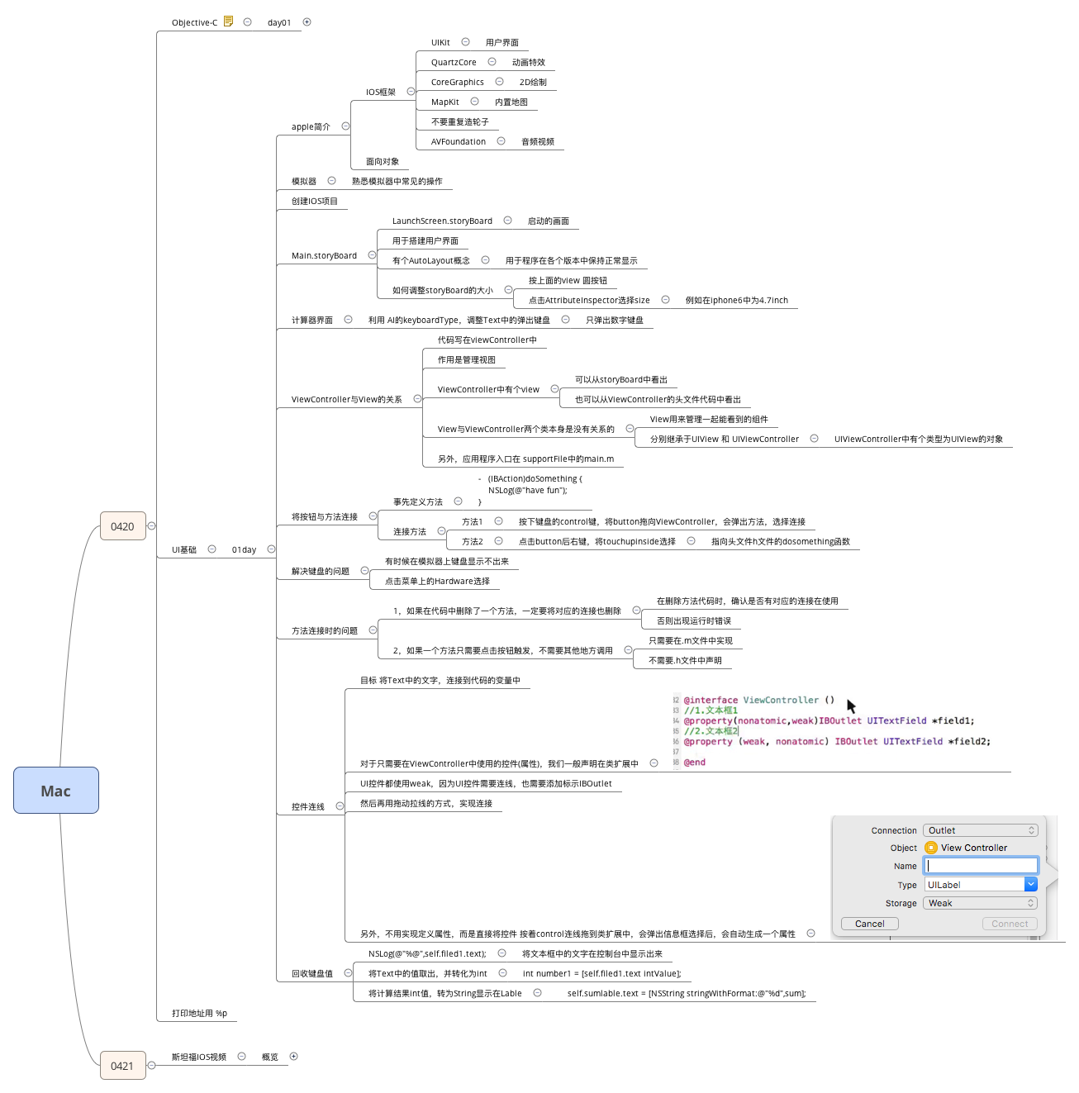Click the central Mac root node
pyautogui.click(x=56, y=791)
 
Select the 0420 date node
pyautogui.click(x=122, y=526)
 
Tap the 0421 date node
pyautogui.click(x=122, y=1066)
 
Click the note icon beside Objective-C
pyautogui.click(x=229, y=21)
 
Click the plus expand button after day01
pyautogui.click(x=307, y=22)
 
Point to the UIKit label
pyautogui.click(x=440, y=43)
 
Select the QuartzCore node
pyautogui.click(x=454, y=63)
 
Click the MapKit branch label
pyautogui.click(x=444, y=102)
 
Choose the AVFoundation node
pyautogui.click(x=458, y=142)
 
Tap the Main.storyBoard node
pyautogui.click(x=324, y=256)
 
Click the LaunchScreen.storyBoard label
pyautogui.click(x=442, y=221)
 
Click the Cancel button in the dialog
pyautogui.click(x=869, y=924)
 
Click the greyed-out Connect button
pyautogui.click(x=1009, y=924)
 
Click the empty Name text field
pyautogui.click(x=981, y=866)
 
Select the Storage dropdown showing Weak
pyautogui.click(x=980, y=903)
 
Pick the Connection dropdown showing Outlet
pyautogui.click(x=980, y=830)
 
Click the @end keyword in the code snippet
pyautogui.click(x=695, y=763)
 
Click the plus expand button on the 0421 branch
pyautogui.click(x=293, y=1057)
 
